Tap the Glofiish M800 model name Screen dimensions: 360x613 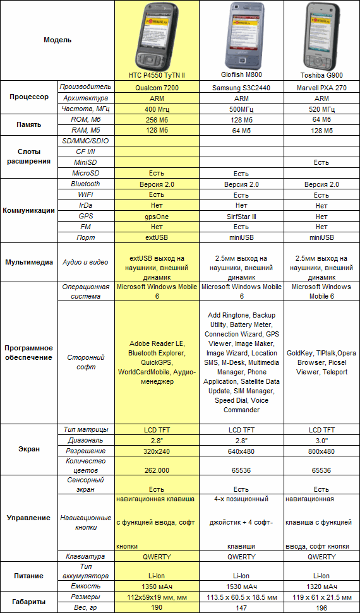pyautogui.click(x=241, y=74)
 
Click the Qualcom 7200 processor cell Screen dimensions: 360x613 pyautogui.click(x=157, y=87)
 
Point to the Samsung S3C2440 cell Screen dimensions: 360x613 pyautogui.click(x=241, y=88)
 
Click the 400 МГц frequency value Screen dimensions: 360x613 pyautogui.click(x=157, y=109)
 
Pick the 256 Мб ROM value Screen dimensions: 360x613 pyautogui.click(x=157, y=119)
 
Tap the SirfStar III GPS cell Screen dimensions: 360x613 pyautogui.click(x=241, y=216)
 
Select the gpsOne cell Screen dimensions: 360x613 pyautogui.click(x=157, y=216)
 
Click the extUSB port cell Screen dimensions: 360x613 pyautogui.click(x=157, y=237)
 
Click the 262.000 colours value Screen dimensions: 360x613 pyautogui.click(x=157, y=470)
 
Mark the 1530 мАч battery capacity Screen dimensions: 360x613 pyautogui.click(x=241, y=586)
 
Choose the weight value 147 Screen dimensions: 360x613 pyautogui.click(x=241, y=607)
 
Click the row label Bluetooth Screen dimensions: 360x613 pyautogui.click(x=85, y=184)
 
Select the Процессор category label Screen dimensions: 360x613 pyautogui.click(x=28, y=97)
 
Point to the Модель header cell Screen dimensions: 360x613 pyautogui.click(x=57, y=40)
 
